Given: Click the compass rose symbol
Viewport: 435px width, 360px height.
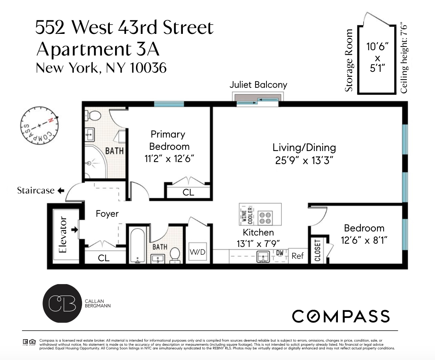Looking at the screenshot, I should pyautogui.click(x=39, y=125).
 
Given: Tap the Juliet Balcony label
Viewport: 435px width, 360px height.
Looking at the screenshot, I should pyautogui.click(x=258, y=85).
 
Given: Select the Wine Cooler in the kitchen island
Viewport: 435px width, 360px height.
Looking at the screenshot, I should pyautogui.click(x=248, y=215).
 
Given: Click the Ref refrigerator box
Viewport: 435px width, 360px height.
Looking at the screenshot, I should pyautogui.click(x=297, y=256).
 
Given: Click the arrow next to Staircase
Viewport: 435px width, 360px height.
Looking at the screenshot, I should pyautogui.click(x=61, y=191).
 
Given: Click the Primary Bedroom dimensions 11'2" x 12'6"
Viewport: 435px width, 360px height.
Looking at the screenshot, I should pyautogui.click(x=169, y=158).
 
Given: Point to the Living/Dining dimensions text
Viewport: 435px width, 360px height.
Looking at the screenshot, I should pyautogui.click(x=304, y=160).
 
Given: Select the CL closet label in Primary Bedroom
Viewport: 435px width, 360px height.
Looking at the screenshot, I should pyautogui.click(x=189, y=192).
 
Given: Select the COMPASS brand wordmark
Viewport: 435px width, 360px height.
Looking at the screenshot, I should pyautogui.click(x=341, y=316).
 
